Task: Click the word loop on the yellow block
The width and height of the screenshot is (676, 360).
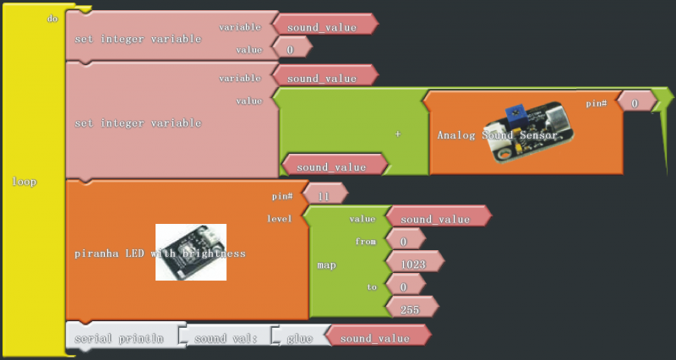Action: click(x=25, y=181)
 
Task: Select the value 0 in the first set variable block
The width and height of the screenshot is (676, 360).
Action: click(x=291, y=50)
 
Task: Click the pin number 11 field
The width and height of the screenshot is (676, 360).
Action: click(x=322, y=194)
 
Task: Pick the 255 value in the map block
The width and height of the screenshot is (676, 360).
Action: click(x=408, y=309)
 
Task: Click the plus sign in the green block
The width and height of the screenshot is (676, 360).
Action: click(x=397, y=134)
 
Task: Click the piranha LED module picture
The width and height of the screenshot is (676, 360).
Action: click(x=192, y=253)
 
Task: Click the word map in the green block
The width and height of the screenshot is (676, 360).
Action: click(x=327, y=265)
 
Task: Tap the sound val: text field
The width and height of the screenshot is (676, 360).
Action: click(x=225, y=338)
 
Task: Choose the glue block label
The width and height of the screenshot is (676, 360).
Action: click(x=300, y=338)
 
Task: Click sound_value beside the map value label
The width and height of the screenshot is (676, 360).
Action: click(x=434, y=219)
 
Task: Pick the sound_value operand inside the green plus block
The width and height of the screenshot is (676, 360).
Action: click(x=331, y=166)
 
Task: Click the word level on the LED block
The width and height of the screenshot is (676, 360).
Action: click(x=279, y=218)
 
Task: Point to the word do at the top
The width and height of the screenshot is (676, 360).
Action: click(x=52, y=18)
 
